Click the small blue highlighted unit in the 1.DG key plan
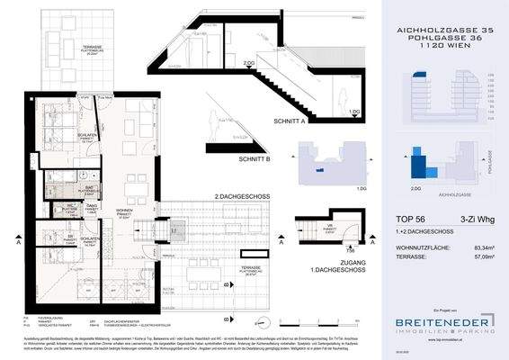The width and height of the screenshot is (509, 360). pos(313,167)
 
